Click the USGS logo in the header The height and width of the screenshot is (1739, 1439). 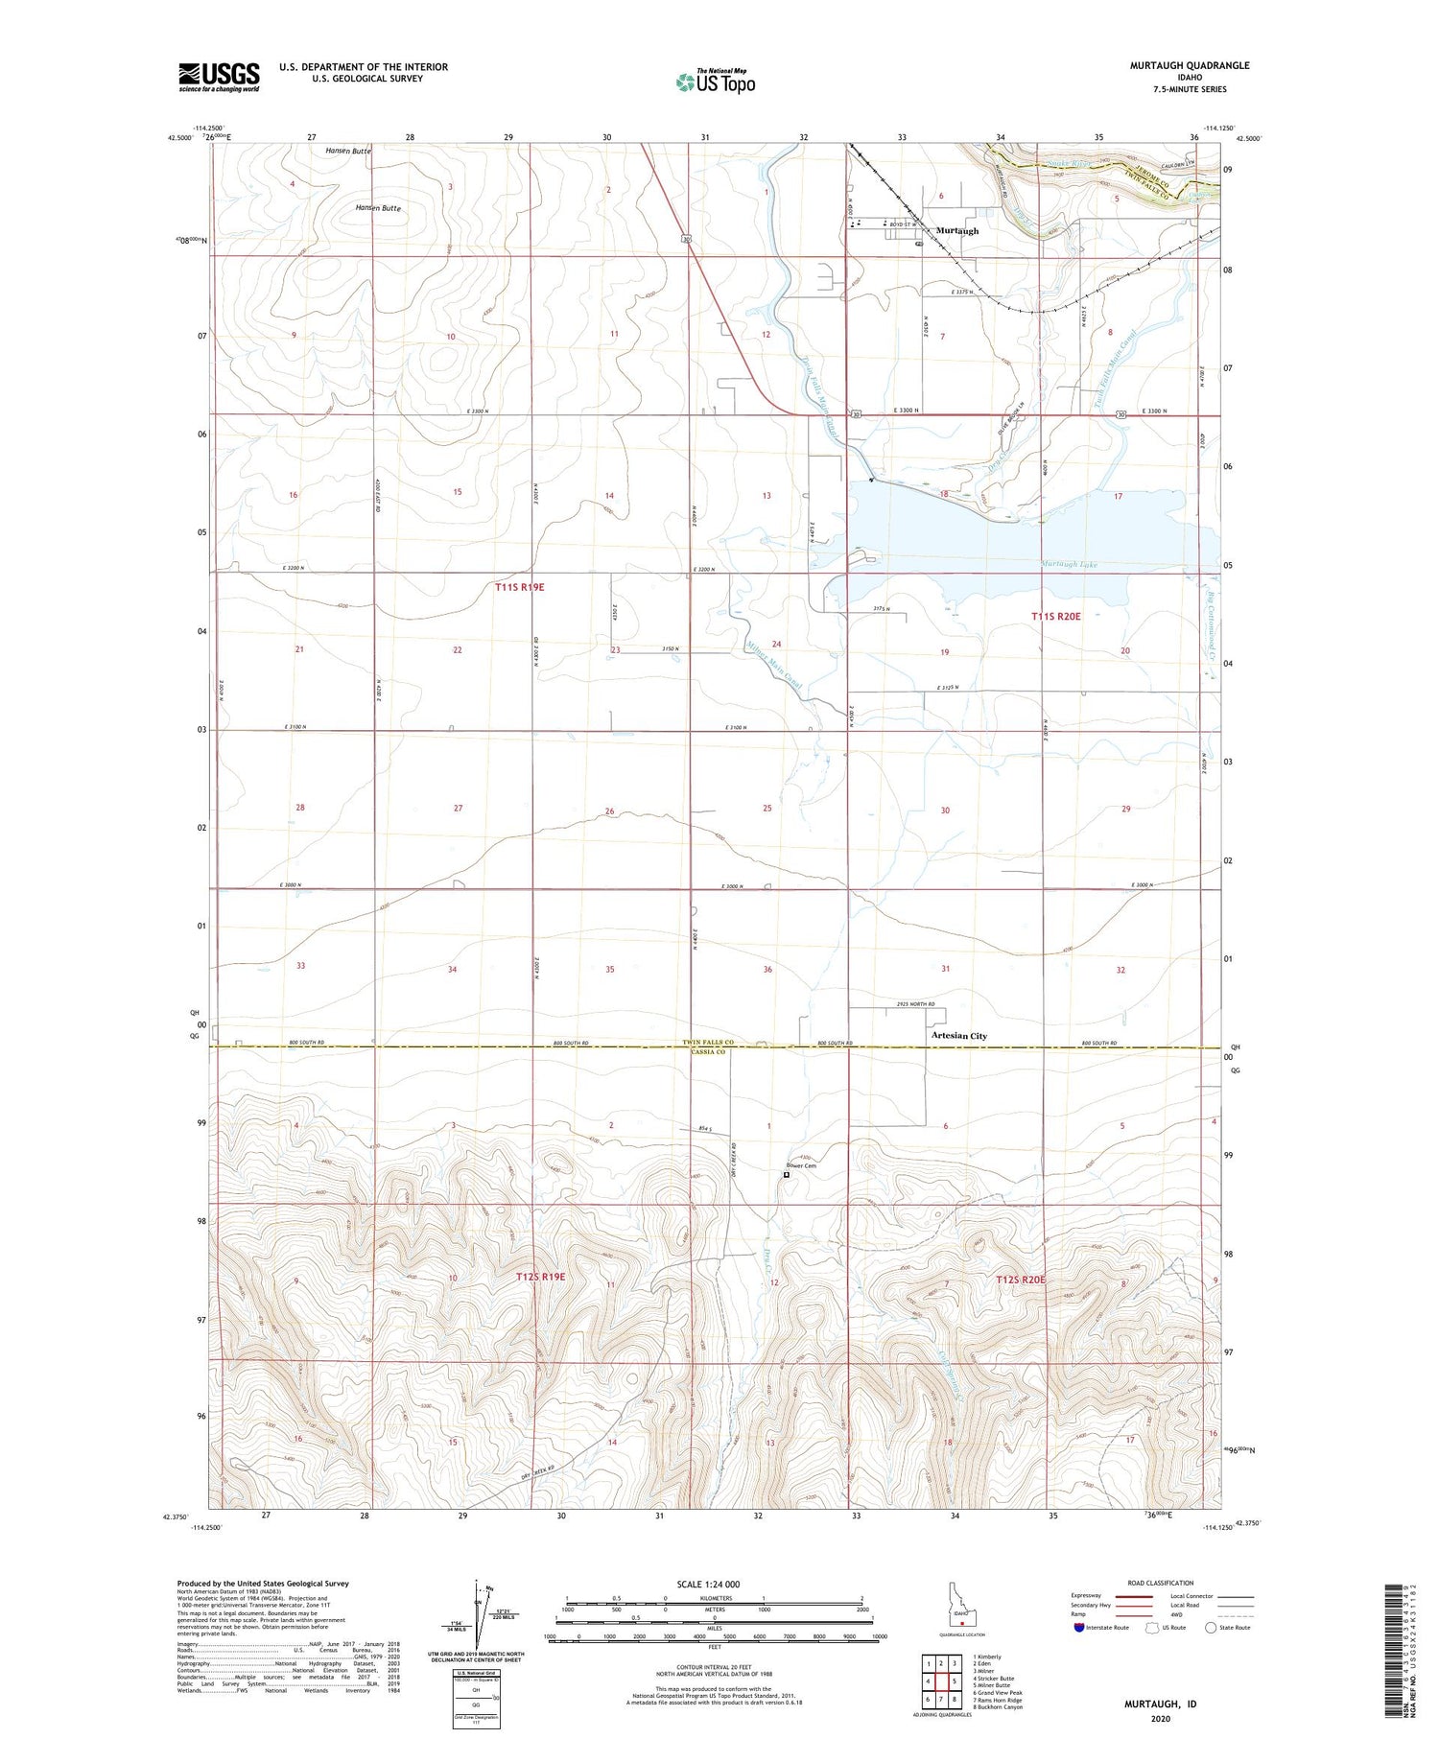coord(219,77)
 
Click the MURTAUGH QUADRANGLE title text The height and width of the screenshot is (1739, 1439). coord(1189,65)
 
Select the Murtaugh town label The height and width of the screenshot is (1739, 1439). coord(956,231)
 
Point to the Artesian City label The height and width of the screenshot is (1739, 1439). coord(958,1036)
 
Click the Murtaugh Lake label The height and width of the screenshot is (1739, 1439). coord(1068,564)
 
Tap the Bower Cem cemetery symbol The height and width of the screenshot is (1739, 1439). coord(787,1174)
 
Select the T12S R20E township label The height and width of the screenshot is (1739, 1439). coord(1021,1280)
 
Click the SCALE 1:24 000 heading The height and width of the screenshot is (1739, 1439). coord(708,1584)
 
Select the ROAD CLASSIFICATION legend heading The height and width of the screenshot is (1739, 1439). coord(1161,1583)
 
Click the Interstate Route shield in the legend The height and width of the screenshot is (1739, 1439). coord(1079,1628)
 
